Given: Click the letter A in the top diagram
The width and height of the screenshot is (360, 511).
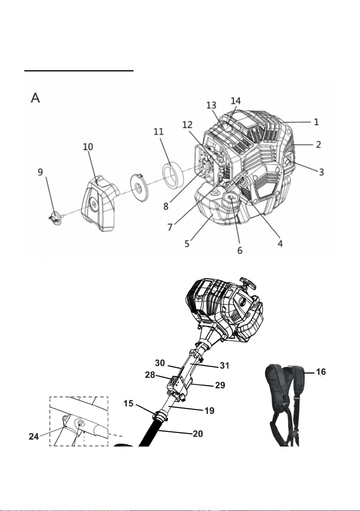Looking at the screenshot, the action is click(35, 98).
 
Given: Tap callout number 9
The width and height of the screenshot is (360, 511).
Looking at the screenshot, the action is click(40, 172).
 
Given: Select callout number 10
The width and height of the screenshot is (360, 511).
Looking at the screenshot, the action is click(88, 146).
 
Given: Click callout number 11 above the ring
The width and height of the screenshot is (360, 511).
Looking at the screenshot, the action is click(159, 131).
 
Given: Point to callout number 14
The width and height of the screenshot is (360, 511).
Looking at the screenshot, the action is click(236, 101).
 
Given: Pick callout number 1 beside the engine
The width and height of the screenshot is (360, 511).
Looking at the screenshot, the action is click(316, 122).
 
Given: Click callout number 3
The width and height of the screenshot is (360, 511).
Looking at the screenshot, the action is click(321, 172).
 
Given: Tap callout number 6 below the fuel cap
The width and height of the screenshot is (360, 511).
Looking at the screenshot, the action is click(240, 250).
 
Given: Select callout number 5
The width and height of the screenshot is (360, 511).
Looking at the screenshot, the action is click(187, 244).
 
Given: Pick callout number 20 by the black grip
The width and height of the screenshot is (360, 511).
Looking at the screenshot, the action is click(198, 433).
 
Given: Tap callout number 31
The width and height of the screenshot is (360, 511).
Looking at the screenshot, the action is click(225, 365).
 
